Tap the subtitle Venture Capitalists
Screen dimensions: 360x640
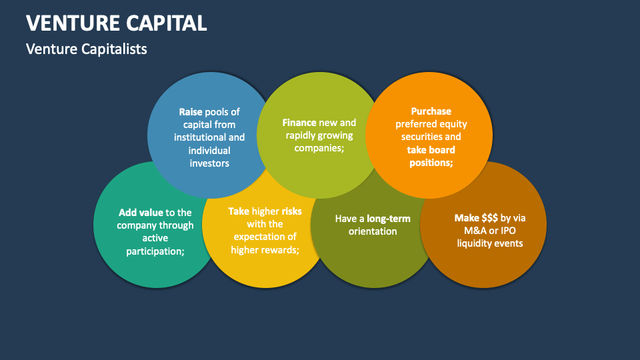[x=87, y=49]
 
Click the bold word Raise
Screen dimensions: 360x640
[x=190, y=112]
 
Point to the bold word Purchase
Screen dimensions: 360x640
[x=431, y=111]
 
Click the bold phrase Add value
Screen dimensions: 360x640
[x=141, y=213]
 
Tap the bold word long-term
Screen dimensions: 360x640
[x=389, y=219]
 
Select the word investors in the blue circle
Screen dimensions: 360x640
[x=209, y=163]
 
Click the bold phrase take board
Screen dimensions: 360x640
[x=431, y=149]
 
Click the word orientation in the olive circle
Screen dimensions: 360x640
[x=373, y=231]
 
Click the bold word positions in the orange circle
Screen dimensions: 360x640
[x=430, y=162]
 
